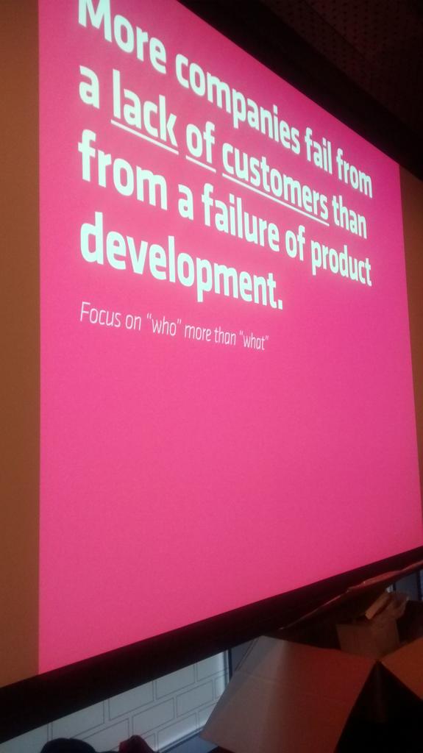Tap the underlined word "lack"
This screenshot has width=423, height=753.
click(144, 122)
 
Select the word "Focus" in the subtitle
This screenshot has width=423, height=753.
click(99, 318)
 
